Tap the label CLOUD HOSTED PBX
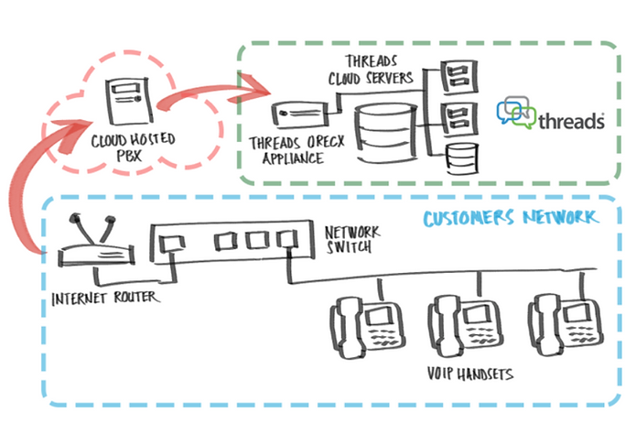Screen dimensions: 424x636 [x=135, y=149]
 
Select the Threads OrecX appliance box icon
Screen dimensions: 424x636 [x=299, y=114]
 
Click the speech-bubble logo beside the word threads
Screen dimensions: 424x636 [x=515, y=111]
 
